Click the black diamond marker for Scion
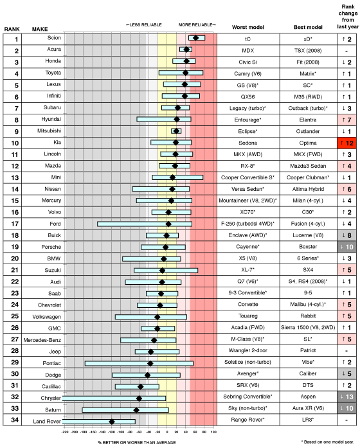point(195,38)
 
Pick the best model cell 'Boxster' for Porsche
point(307,246)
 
